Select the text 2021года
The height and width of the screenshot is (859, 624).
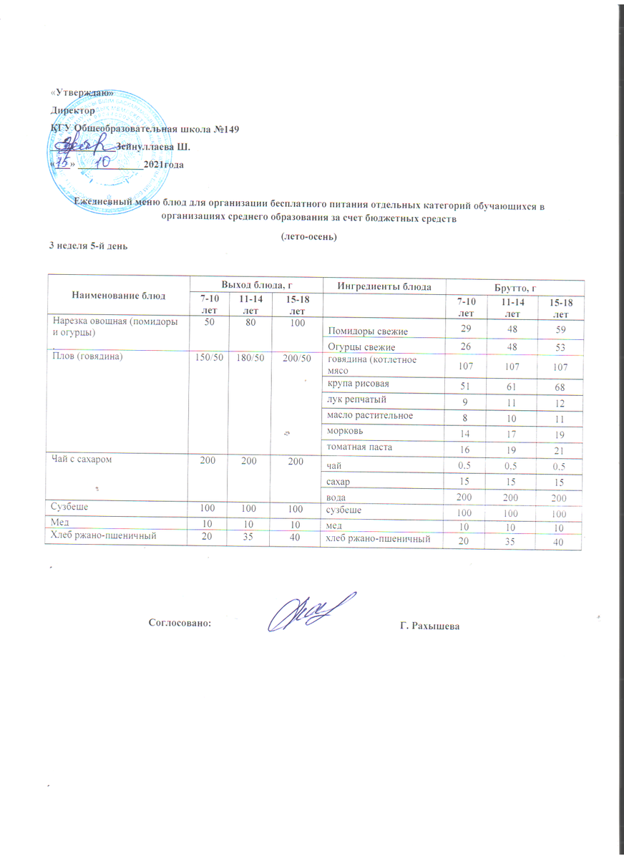point(163,165)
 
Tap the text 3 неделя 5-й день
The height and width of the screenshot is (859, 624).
point(88,246)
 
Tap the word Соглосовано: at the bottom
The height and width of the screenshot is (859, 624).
point(180,623)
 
